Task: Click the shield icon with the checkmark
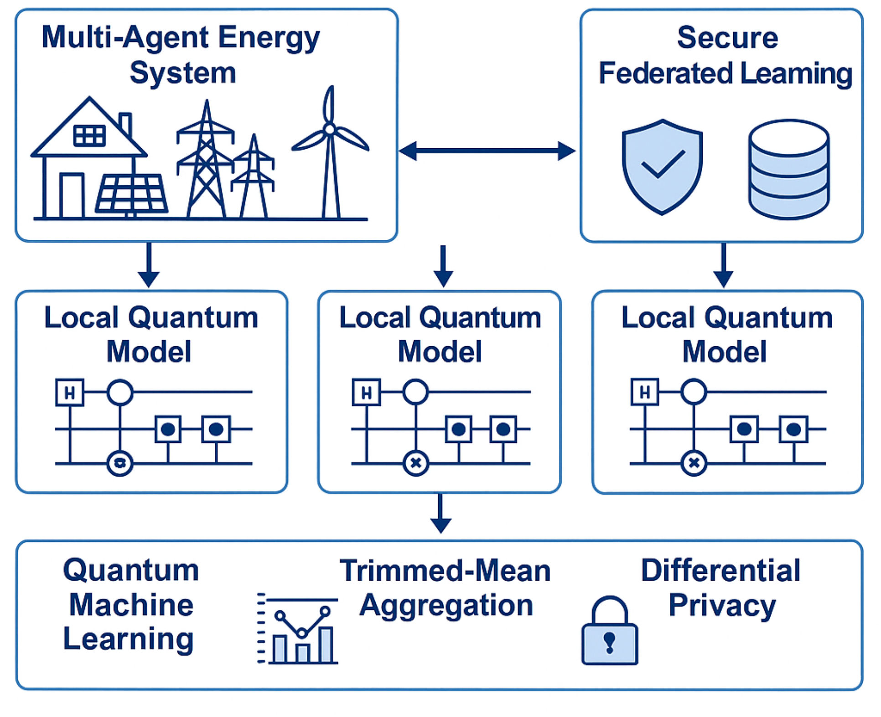pos(662,166)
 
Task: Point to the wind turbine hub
pos(329,129)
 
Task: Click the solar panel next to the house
pos(132,193)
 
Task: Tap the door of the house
pos(72,195)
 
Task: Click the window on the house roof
pos(89,135)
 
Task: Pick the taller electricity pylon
pos(206,160)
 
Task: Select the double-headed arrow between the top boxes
pos(487,151)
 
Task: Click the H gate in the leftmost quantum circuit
pos(70,392)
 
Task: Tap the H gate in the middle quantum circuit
pos(367,392)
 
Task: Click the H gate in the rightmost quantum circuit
pos(645,392)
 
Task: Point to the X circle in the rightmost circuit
pos(694,463)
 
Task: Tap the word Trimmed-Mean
pos(445,571)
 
